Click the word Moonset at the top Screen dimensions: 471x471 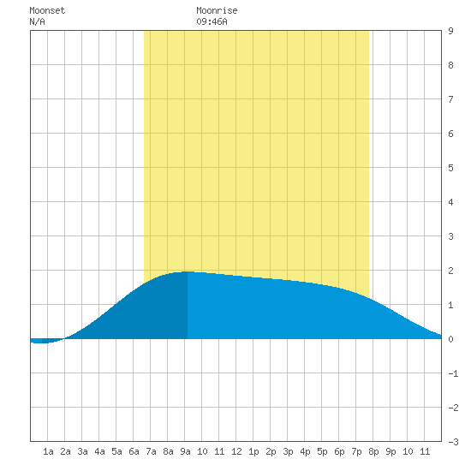pyautogui.click(x=47, y=10)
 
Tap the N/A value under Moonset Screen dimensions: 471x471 pyautogui.click(x=37, y=21)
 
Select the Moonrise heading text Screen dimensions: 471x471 pyautogui.click(x=217, y=10)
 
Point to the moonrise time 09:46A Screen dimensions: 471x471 pyautogui.click(x=212, y=21)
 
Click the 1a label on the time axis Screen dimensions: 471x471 pyautogui.click(x=48, y=451)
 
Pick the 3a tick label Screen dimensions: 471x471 pyautogui.click(x=82, y=451)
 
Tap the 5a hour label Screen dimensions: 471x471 pyautogui.click(x=116, y=451)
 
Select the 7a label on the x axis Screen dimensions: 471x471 pyautogui.click(x=151, y=451)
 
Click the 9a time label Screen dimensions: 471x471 pyautogui.click(x=185, y=451)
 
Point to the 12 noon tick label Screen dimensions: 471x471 pyautogui.click(x=236, y=451)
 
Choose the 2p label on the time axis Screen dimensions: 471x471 pyautogui.click(x=271, y=451)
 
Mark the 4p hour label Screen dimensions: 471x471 pyautogui.click(x=305, y=451)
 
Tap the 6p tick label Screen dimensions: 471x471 pyautogui.click(x=339, y=451)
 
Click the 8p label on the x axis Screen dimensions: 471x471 pyautogui.click(x=373, y=451)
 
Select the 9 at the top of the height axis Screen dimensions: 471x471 pyautogui.click(x=450, y=31)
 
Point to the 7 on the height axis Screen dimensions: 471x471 pyautogui.click(x=450, y=99)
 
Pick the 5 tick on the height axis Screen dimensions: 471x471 pyautogui.click(x=450, y=168)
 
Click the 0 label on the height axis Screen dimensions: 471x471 pyautogui.click(x=450, y=339)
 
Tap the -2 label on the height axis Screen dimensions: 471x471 pyautogui.click(x=453, y=408)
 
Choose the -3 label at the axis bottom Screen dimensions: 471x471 pyautogui.click(x=453, y=442)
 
